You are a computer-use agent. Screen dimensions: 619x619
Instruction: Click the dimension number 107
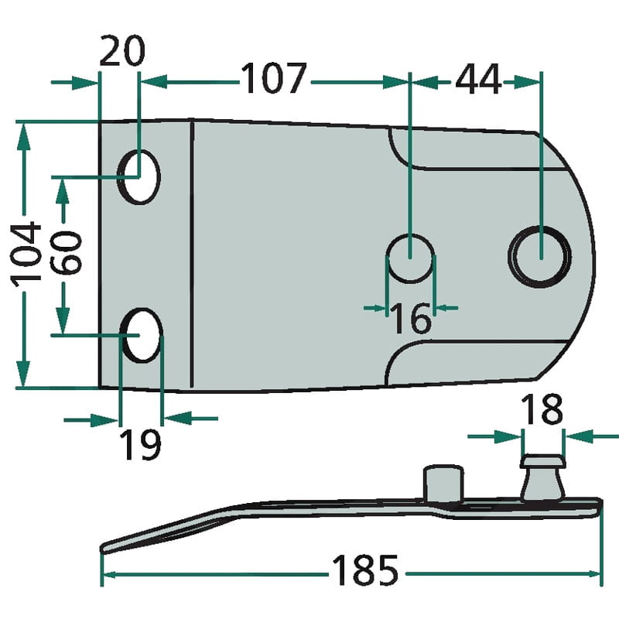[275, 79]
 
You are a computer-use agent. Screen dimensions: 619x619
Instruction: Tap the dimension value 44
[478, 79]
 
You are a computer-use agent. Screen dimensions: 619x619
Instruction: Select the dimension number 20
[122, 52]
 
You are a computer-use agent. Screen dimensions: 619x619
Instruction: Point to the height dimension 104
[28, 252]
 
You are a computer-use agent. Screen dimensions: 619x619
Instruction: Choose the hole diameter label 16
[410, 318]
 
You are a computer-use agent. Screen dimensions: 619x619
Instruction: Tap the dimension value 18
[542, 410]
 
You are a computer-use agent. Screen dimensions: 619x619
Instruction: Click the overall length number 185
[364, 572]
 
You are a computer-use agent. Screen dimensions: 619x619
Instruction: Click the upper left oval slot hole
[140, 177]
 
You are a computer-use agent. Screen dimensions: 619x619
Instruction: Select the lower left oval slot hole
[142, 334]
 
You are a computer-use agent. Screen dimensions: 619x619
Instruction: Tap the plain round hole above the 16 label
[411, 258]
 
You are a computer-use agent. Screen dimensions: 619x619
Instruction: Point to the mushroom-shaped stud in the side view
[542, 478]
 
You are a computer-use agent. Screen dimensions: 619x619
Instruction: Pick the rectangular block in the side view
[443, 484]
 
